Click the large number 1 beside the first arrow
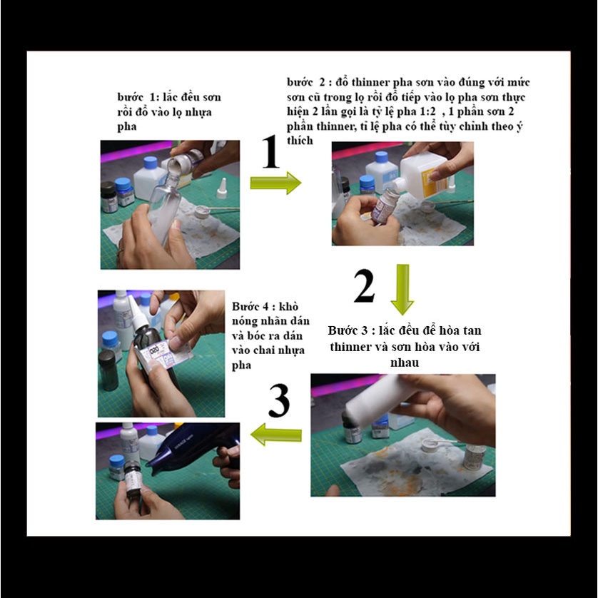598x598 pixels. tap(270, 151)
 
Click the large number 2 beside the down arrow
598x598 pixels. tap(364, 286)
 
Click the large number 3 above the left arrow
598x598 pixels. tap(279, 400)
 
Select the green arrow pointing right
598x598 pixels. tap(275, 183)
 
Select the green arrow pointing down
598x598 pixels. tap(402, 290)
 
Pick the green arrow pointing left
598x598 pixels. tap(275, 435)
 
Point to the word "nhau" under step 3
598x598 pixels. tap(405, 363)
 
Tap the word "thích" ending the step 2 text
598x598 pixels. tap(300, 141)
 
